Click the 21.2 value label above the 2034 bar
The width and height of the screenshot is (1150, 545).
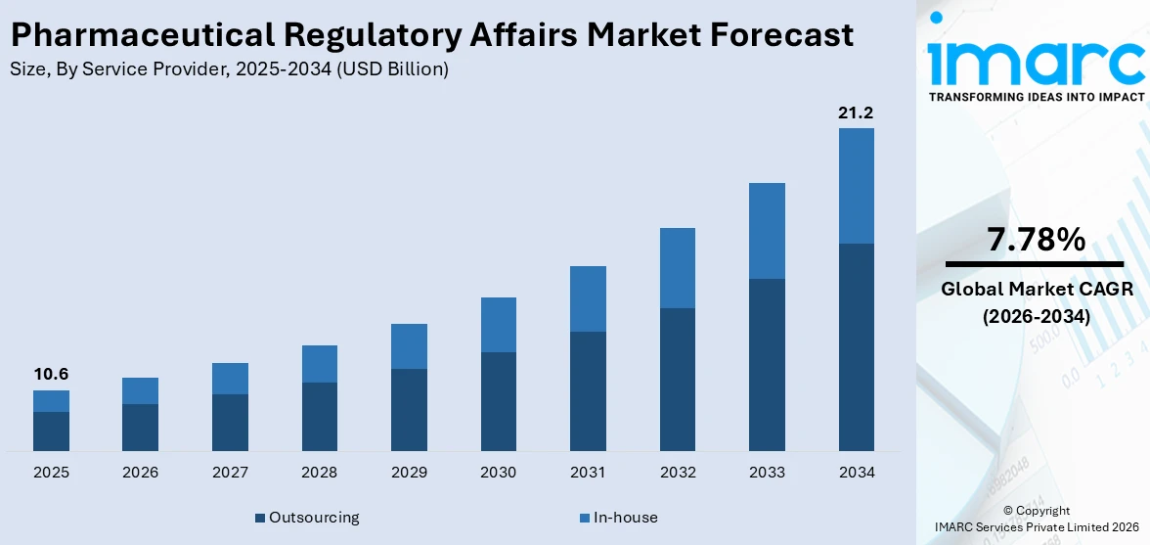(856, 114)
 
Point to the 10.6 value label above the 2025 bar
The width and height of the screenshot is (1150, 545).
(51, 375)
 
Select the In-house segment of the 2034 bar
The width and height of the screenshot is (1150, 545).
(856, 186)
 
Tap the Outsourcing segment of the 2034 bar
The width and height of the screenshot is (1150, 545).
(856, 347)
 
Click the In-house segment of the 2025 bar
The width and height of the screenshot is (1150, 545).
(51, 401)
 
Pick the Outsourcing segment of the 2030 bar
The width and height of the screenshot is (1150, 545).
(498, 401)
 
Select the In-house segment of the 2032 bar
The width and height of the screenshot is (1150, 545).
(677, 268)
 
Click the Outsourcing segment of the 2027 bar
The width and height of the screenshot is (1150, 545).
(230, 423)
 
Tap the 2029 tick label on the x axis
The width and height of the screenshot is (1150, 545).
(409, 473)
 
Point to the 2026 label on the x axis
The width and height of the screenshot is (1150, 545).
(140, 473)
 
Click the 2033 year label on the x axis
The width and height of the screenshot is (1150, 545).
(767, 473)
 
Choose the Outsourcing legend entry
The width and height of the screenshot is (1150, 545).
(307, 518)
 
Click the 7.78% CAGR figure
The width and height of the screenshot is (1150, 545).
(1036, 240)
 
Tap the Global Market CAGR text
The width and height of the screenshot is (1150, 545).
(1036, 290)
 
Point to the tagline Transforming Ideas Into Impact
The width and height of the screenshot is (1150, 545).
(1036, 97)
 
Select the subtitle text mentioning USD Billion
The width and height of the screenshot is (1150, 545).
(229, 69)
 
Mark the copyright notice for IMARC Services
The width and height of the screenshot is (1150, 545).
(1036, 520)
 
